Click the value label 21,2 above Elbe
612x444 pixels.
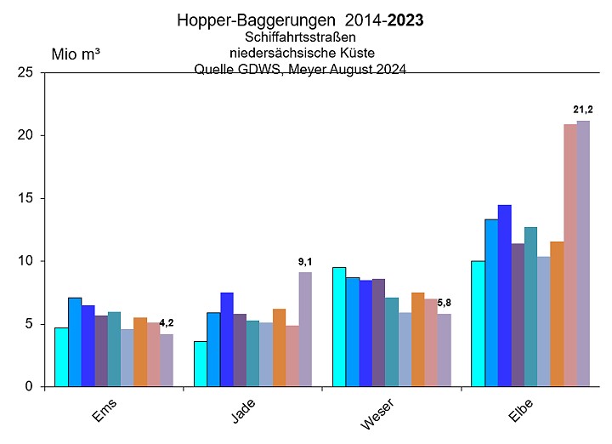point(583,110)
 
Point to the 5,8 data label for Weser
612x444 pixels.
point(444,303)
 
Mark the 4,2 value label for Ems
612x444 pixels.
point(166,322)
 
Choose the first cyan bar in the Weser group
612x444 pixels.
point(339,327)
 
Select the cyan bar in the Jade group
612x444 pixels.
point(200,364)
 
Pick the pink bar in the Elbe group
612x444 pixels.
point(569,255)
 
